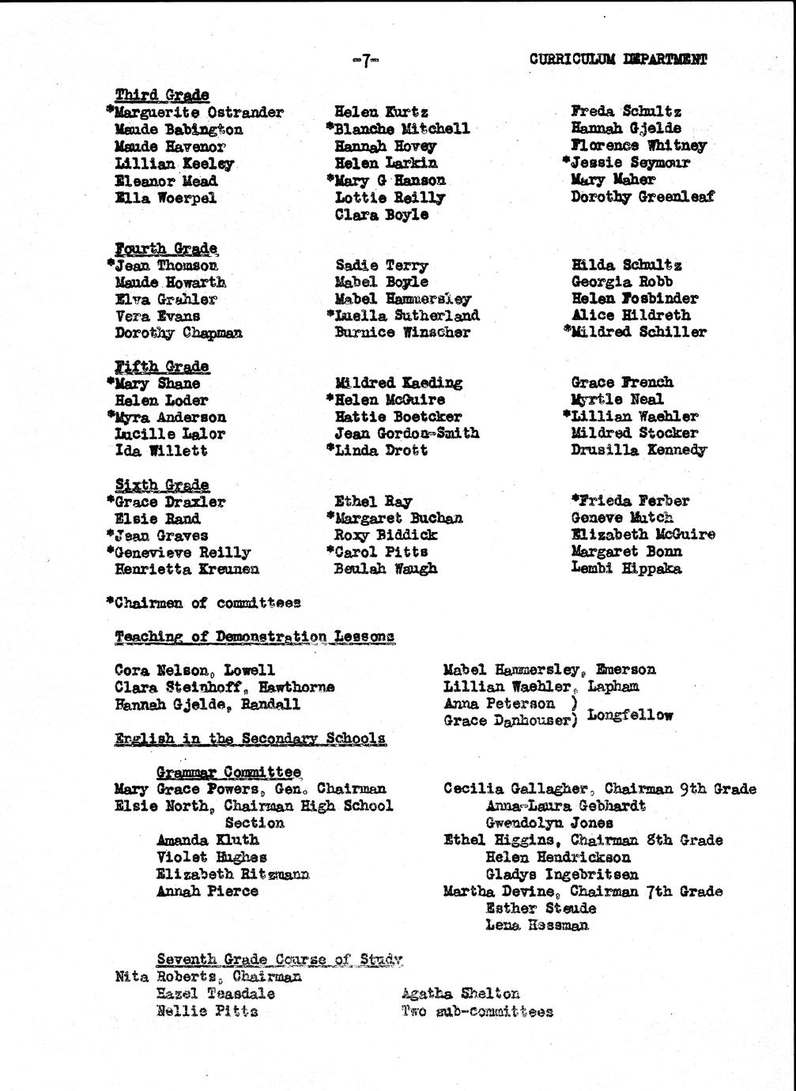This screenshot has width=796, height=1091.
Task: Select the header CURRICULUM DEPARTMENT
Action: (x=617, y=59)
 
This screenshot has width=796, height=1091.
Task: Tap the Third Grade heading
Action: (x=162, y=95)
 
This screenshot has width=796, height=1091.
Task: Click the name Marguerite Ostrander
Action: (x=198, y=112)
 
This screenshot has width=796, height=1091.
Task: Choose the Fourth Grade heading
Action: (x=166, y=248)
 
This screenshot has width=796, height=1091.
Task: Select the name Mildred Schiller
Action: (x=638, y=332)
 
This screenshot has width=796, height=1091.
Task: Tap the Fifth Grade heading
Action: (x=162, y=366)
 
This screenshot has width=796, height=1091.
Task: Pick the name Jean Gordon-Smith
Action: (x=406, y=433)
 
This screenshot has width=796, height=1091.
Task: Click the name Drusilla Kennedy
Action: (x=638, y=450)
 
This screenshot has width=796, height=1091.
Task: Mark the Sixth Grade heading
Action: (x=162, y=485)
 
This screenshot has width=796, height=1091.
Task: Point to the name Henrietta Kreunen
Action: (x=187, y=569)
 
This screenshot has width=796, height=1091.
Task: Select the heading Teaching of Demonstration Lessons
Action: (x=255, y=636)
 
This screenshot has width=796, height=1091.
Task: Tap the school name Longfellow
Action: (x=630, y=715)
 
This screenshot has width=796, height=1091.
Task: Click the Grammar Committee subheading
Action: (x=228, y=772)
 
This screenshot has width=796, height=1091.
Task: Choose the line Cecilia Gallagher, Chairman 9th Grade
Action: (x=599, y=789)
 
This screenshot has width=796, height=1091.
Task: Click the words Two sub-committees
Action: (x=477, y=1011)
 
